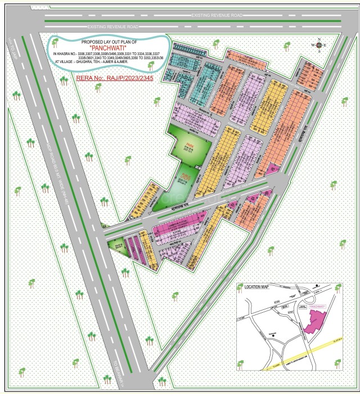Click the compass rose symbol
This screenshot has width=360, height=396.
[319, 45]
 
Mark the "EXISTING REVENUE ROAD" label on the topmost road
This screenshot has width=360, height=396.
[216, 15]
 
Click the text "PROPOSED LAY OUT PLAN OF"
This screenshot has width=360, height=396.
[108, 42]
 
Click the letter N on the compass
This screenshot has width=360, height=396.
[319, 39]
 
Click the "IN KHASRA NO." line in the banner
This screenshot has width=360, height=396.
[107, 53]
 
